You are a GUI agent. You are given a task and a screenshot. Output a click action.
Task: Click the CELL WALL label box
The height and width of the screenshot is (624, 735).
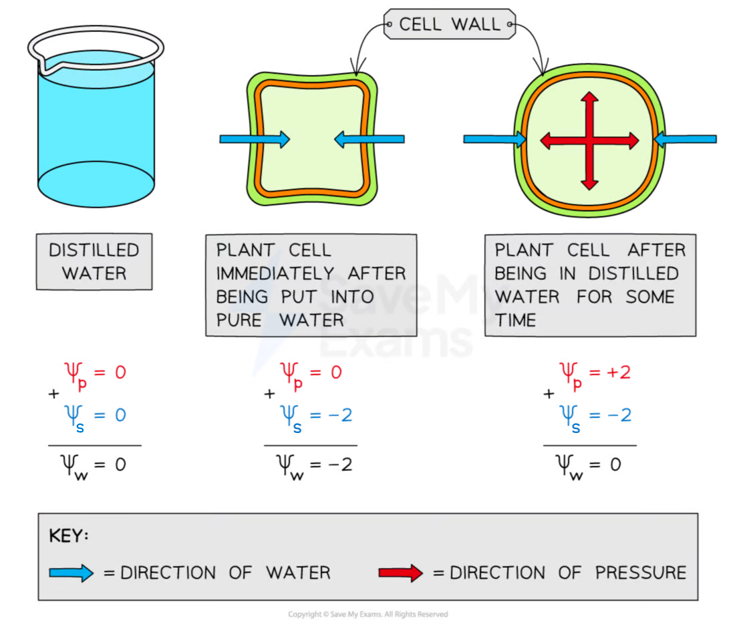coord(450,24)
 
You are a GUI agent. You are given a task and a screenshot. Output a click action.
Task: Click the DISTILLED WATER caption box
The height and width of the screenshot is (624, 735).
coord(94,262)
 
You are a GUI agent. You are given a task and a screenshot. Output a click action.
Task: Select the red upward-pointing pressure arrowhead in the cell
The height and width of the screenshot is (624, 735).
coord(589,97)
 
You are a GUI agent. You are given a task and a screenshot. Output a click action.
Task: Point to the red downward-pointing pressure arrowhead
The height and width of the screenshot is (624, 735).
coord(589,184)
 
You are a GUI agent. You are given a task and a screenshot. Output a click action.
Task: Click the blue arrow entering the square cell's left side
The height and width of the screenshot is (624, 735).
coord(255,139)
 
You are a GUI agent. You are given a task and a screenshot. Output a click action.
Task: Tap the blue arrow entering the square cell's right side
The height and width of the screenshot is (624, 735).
coord(370,139)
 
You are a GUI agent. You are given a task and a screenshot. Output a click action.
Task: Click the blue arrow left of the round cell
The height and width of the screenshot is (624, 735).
coord(494,139)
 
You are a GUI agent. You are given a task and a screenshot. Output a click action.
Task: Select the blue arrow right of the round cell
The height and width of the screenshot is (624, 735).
coord(686,139)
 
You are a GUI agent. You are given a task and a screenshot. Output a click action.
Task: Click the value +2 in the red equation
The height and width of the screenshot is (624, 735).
coord(619,372)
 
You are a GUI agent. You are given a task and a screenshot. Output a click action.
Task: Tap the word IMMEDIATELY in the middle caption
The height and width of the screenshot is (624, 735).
coord(275,273)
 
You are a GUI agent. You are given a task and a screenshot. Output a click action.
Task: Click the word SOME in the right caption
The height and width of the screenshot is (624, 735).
coord(650,297)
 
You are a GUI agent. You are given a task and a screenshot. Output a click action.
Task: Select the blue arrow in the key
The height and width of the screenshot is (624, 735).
coord(71,573)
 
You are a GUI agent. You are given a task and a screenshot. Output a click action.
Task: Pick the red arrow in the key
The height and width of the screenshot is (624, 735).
coord(401,573)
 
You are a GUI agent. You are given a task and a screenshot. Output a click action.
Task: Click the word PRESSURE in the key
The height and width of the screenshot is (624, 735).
coord(641,573)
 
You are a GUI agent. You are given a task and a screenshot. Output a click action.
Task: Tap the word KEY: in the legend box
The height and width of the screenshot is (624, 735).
coord(68,535)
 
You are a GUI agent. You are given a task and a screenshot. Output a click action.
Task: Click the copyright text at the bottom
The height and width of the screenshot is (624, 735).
coord(368,614)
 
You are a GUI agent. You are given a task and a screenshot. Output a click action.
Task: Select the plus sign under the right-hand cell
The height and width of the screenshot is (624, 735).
coord(549,394)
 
